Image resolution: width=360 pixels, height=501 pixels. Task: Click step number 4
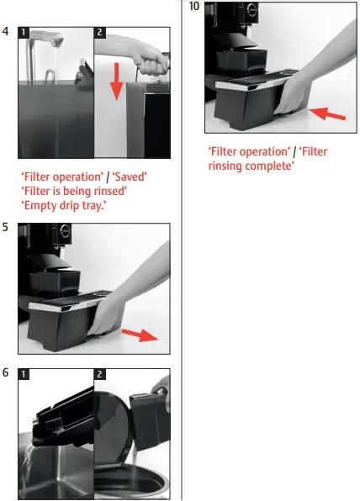pos(7,33)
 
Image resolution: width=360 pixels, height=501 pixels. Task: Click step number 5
pos(7,227)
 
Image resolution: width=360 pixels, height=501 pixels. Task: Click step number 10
pos(194,7)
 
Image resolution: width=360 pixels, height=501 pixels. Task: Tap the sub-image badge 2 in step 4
pos(101,34)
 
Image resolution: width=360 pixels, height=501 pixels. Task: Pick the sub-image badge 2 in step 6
pos(101,374)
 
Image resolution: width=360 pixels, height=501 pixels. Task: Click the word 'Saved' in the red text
pos(129,177)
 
